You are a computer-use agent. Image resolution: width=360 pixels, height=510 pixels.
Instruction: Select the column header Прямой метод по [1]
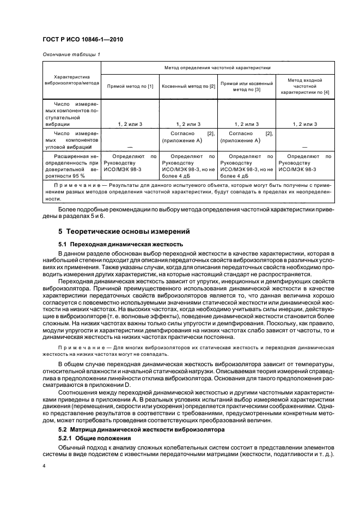130,86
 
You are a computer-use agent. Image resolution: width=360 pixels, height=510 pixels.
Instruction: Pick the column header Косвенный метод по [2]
188,86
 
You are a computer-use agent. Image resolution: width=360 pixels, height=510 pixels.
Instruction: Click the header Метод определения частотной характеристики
217,68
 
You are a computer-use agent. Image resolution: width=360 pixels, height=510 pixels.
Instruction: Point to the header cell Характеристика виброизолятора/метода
71,80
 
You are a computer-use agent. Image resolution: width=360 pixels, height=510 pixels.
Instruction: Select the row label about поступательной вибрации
71,113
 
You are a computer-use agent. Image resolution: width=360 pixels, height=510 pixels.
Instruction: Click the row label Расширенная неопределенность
71,166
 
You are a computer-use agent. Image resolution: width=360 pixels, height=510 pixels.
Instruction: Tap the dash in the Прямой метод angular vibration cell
130,147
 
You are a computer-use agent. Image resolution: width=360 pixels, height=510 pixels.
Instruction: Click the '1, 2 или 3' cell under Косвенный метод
188,124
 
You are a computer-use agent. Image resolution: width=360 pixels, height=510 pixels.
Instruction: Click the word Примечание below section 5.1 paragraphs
77,347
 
